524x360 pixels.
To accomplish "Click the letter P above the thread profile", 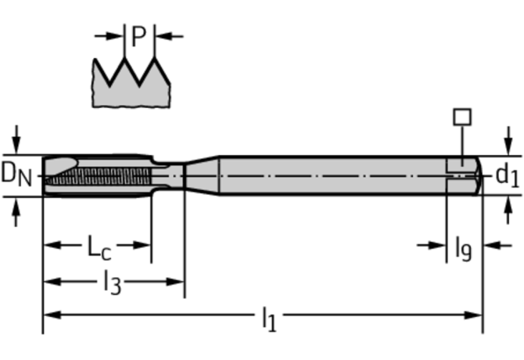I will [x=139, y=36].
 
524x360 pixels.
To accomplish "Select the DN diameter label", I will [x=16, y=174].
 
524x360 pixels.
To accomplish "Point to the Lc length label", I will [x=98, y=249].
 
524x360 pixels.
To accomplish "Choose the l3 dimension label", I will [x=113, y=283].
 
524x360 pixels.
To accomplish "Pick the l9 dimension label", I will [x=463, y=249].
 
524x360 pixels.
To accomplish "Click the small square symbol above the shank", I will [x=462, y=117].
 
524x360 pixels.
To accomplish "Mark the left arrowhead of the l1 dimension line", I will [x=49, y=315].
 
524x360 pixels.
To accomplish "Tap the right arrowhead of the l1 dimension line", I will [x=476, y=315].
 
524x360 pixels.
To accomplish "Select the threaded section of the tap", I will [x=109, y=175].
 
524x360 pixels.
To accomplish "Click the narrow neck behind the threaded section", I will [x=167, y=175].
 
